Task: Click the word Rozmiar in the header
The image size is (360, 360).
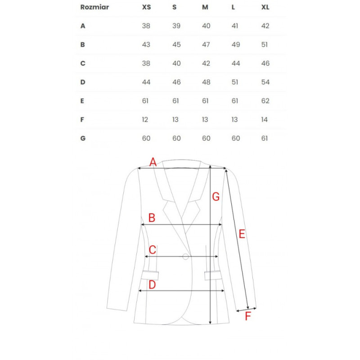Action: [x=94, y=7]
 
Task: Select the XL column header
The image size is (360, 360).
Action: [x=265, y=7]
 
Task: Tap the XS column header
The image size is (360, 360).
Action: [x=146, y=7]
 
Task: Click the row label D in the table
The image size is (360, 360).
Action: [x=83, y=82]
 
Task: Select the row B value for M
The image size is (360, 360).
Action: [x=206, y=45]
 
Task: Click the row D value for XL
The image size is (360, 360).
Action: [x=265, y=82]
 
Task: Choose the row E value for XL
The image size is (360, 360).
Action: [x=265, y=101]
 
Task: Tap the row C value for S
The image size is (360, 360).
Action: [x=176, y=63]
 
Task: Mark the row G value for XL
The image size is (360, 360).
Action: [x=265, y=139]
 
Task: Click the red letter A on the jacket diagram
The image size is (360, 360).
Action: [x=153, y=162]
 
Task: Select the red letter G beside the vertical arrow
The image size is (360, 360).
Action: [x=216, y=197]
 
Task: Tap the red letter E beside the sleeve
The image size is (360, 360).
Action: [x=242, y=234]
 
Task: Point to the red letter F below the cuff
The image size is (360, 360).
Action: [x=248, y=316]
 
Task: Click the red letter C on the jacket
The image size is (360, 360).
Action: [x=153, y=250]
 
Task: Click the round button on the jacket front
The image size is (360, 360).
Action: [x=185, y=256]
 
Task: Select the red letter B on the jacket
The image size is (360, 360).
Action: [x=152, y=218]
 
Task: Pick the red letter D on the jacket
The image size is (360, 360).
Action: [x=152, y=284]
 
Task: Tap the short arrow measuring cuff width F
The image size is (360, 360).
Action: [x=247, y=309]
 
